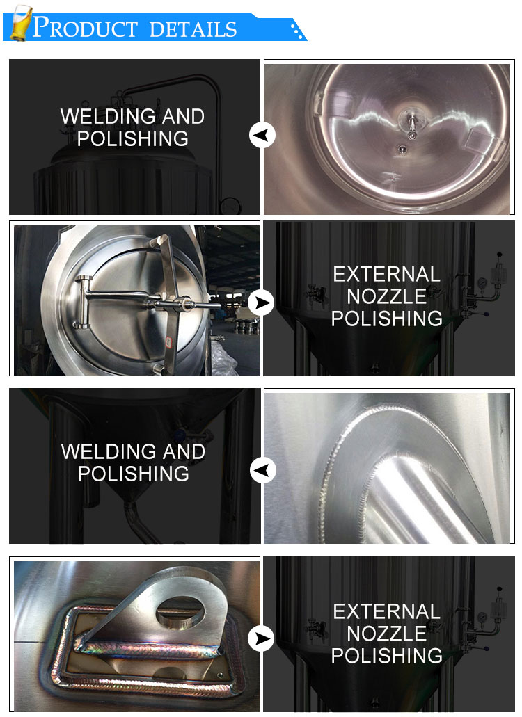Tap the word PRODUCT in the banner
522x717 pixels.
[x=85, y=27]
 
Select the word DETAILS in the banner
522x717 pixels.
[x=193, y=29]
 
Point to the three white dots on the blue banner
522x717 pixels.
[x=297, y=31]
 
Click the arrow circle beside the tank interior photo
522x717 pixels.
[x=262, y=135]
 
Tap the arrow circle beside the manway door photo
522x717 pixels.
[x=261, y=303]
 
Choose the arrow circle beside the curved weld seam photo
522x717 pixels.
[x=262, y=470]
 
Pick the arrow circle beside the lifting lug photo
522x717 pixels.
[x=261, y=638]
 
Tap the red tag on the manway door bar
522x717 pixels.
[x=168, y=342]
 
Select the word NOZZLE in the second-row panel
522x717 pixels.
[x=386, y=296]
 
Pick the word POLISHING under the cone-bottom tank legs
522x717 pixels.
[x=133, y=474]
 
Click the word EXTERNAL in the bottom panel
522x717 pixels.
[x=386, y=611]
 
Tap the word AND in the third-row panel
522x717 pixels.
[x=184, y=451]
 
